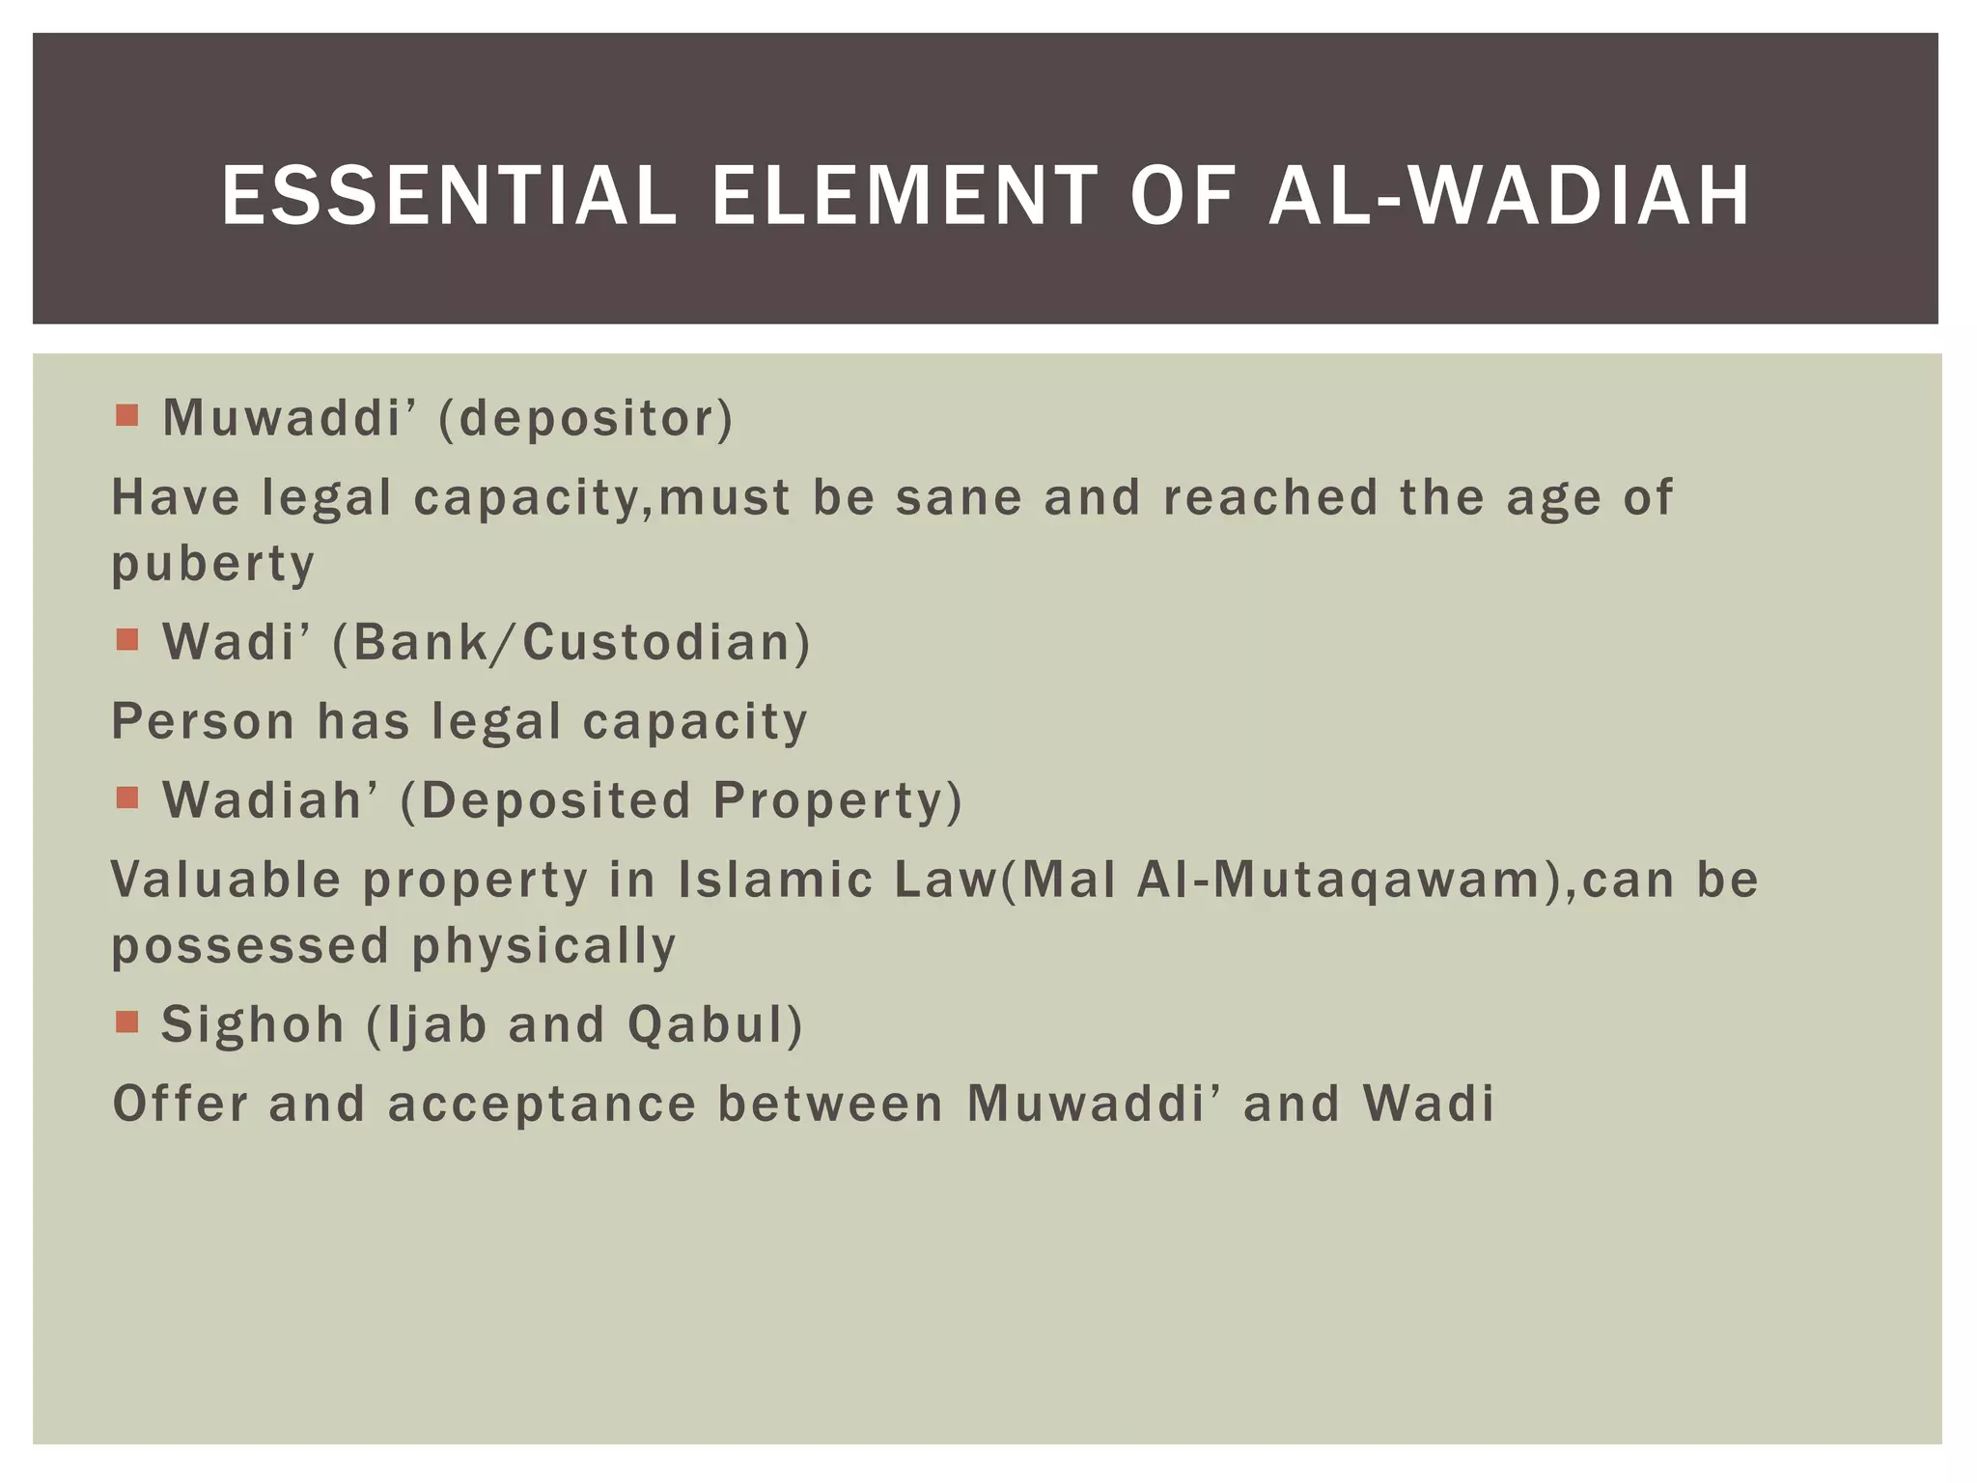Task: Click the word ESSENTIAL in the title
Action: coord(449,196)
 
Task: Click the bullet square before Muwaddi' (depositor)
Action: coord(126,415)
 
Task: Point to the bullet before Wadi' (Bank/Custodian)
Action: coord(126,639)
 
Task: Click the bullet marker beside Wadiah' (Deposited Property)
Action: coord(126,797)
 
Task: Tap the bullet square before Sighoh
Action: coord(126,1021)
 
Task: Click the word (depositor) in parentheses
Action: coord(586,419)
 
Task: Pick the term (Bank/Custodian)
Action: coord(571,643)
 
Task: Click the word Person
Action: coord(203,721)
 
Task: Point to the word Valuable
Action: coord(226,880)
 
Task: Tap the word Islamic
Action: coord(775,880)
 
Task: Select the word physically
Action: coord(544,945)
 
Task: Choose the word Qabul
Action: coord(714,1024)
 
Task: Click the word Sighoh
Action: coord(253,1024)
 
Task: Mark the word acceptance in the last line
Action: coord(542,1104)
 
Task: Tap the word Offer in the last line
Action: coord(181,1104)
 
